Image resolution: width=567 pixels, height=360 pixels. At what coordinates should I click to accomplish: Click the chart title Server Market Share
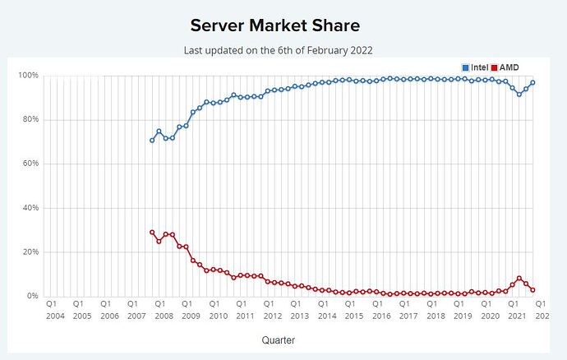[283, 25]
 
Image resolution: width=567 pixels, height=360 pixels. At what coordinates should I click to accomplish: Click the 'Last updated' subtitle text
[278, 50]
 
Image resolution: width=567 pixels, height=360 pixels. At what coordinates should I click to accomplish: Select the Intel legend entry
[474, 67]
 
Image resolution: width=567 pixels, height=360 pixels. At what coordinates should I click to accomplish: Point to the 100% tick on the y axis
[29, 76]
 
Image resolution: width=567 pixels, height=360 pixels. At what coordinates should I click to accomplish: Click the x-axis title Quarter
[279, 339]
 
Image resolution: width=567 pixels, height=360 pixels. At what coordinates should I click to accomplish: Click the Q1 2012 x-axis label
[272, 310]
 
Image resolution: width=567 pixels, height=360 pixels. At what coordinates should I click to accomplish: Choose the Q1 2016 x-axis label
[380, 310]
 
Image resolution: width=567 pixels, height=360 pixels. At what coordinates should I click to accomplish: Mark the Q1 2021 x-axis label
[517, 310]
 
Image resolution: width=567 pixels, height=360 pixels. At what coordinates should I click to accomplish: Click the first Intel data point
[152, 141]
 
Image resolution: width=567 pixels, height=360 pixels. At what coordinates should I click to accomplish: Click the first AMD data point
[152, 233]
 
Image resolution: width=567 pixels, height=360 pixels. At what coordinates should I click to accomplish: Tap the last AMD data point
[533, 290]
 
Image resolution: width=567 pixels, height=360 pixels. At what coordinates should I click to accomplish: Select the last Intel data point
[533, 83]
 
